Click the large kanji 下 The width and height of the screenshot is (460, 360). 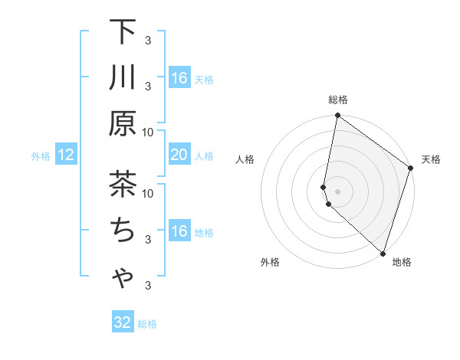click(x=123, y=33)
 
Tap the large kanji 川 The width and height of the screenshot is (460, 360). click(x=123, y=78)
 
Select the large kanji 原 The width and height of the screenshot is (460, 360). click(x=123, y=123)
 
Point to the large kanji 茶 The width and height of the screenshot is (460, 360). click(x=123, y=185)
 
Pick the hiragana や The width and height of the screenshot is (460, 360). click(x=123, y=277)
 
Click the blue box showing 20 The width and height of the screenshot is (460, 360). click(x=179, y=155)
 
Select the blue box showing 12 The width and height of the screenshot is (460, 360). click(x=65, y=155)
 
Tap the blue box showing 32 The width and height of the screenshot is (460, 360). click(x=123, y=322)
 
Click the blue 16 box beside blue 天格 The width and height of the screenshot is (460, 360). click(x=179, y=78)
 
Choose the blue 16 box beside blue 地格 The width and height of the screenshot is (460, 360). click(x=179, y=231)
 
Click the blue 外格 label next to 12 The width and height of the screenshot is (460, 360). click(x=41, y=156)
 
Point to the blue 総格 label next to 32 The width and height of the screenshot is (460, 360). click(x=147, y=323)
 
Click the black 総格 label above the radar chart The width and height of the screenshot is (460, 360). click(x=338, y=100)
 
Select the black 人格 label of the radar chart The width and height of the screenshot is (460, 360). click(x=245, y=159)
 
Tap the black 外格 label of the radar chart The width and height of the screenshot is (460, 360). click(x=270, y=262)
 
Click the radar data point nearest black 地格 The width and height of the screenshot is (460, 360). click(x=382, y=252)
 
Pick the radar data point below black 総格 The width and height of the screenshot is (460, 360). click(x=337, y=116)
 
